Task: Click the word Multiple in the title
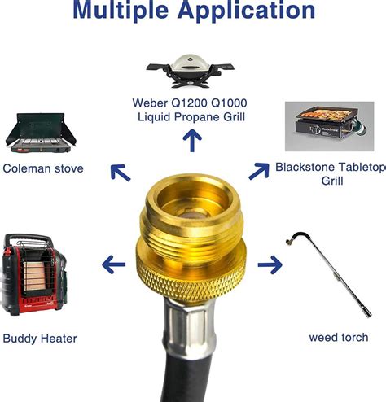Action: coord(121,11)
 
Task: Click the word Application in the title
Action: coord(247,11)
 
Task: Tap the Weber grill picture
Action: coord(190,71)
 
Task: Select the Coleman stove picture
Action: coord(41,133)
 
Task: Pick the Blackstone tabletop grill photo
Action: coord(330,126)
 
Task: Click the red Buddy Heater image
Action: coord(33,274)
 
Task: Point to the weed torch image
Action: coord(329,274)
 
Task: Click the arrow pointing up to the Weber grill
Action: coord(192,140)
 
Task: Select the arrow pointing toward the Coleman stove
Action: coord(121,173)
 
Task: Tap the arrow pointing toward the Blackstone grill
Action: coord(259,171)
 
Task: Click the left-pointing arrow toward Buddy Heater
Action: coord(114,264)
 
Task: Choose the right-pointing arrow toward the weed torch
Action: coord(270,264)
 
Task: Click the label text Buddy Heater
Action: coord(40,339)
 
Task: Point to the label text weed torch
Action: coord(339,338)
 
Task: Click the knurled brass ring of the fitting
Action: coord(191,279)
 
